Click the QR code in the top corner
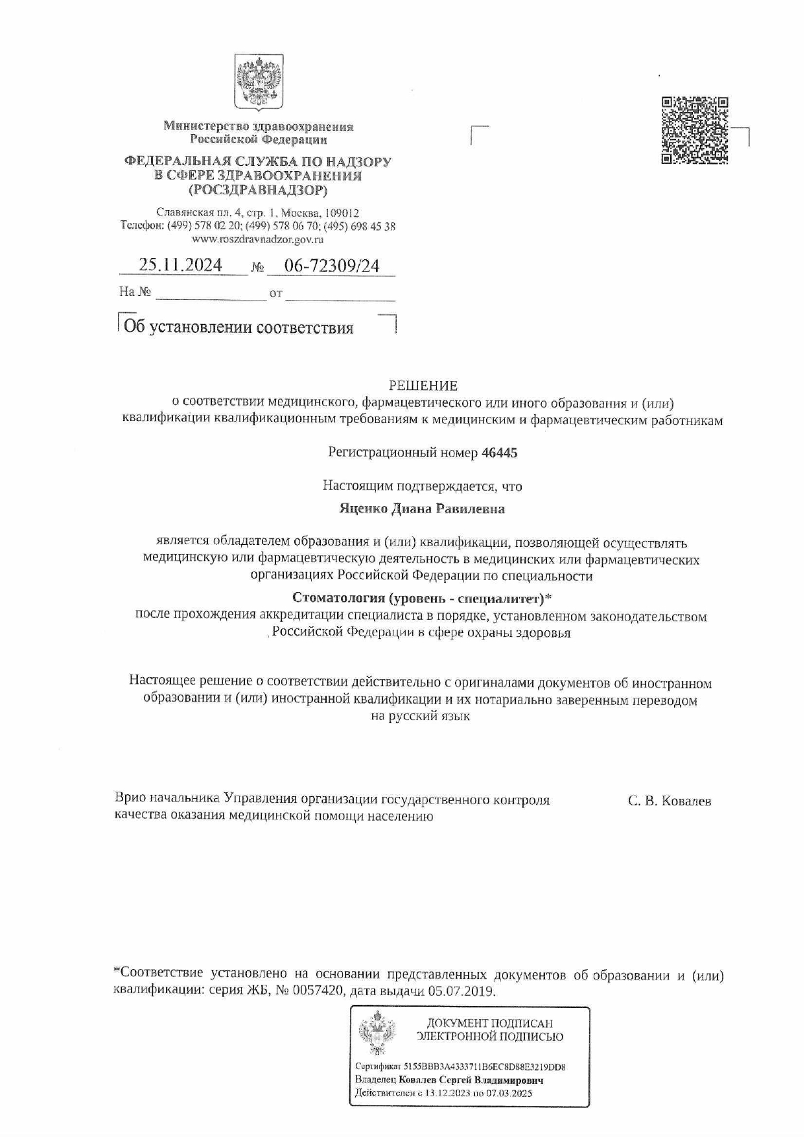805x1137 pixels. coord(695,130)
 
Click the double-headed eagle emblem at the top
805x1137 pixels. coord(259,83)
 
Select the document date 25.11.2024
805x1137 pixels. coord(181,265)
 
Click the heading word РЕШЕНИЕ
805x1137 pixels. coord(423,386)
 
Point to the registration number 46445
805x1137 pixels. coord(499,453)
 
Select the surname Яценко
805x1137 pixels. coord(363,509)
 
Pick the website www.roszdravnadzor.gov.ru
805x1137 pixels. coord(258,240)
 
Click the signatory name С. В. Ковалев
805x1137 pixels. coord(669,801)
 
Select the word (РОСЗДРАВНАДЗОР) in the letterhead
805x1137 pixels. coord(258,190)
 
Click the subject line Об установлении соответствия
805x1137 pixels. coord(239,328)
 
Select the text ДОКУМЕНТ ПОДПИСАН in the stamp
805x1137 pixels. coord(489,1024)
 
